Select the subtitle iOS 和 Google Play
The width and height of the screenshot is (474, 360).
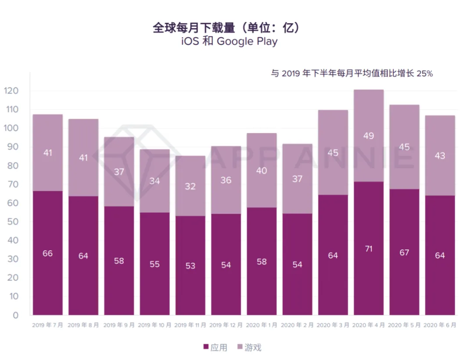(229, 42)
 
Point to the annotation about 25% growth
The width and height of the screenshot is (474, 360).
(352, 74)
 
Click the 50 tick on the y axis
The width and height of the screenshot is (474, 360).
(13, 222)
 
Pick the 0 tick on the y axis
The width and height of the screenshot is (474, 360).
(16, 315)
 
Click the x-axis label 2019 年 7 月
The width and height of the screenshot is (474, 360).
(47, 325)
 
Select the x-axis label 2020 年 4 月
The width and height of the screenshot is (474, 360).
(369, 325)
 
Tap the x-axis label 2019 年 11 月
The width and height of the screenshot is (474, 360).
(190, 325)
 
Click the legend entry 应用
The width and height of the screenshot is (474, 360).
(215, 348)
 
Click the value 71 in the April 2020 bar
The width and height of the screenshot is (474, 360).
(369, 248)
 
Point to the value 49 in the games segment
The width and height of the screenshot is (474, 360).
(369, 136)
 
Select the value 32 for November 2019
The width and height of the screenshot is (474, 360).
(190, 187)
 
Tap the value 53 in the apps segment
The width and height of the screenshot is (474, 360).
(190, 266)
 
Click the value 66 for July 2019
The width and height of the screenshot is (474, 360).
(47, 253)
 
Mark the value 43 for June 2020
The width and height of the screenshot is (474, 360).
(440, 156)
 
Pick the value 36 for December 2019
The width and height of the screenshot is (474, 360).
(226, 180)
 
